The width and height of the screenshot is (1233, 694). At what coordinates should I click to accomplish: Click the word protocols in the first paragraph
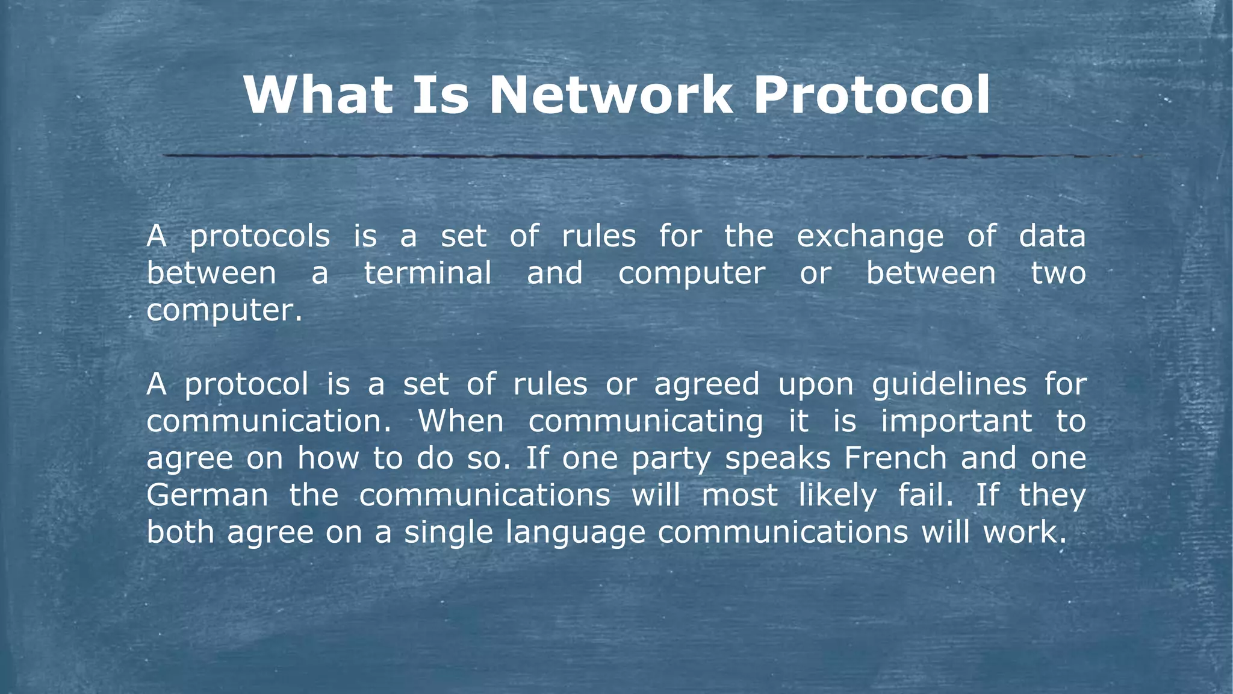(x=260, y=237)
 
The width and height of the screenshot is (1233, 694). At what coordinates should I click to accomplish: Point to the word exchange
(x=870, y=237)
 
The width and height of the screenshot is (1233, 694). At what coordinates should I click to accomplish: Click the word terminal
(x=427, y=273)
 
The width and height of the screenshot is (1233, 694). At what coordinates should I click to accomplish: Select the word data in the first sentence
(x=1052, y=236)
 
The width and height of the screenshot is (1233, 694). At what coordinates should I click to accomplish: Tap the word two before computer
(x=1058, y=273)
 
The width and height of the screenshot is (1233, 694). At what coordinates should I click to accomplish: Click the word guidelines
(x=949, y=385)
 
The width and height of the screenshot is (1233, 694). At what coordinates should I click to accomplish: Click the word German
(x=207, y=496)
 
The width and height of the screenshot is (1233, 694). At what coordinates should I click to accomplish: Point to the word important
(x=956, y=421)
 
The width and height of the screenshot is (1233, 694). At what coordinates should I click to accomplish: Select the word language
(x=575, y=533)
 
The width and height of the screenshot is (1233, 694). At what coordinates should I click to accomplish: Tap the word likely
(x=837, y=496)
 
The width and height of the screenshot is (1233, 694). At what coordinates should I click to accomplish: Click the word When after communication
(x=461, y=421)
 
